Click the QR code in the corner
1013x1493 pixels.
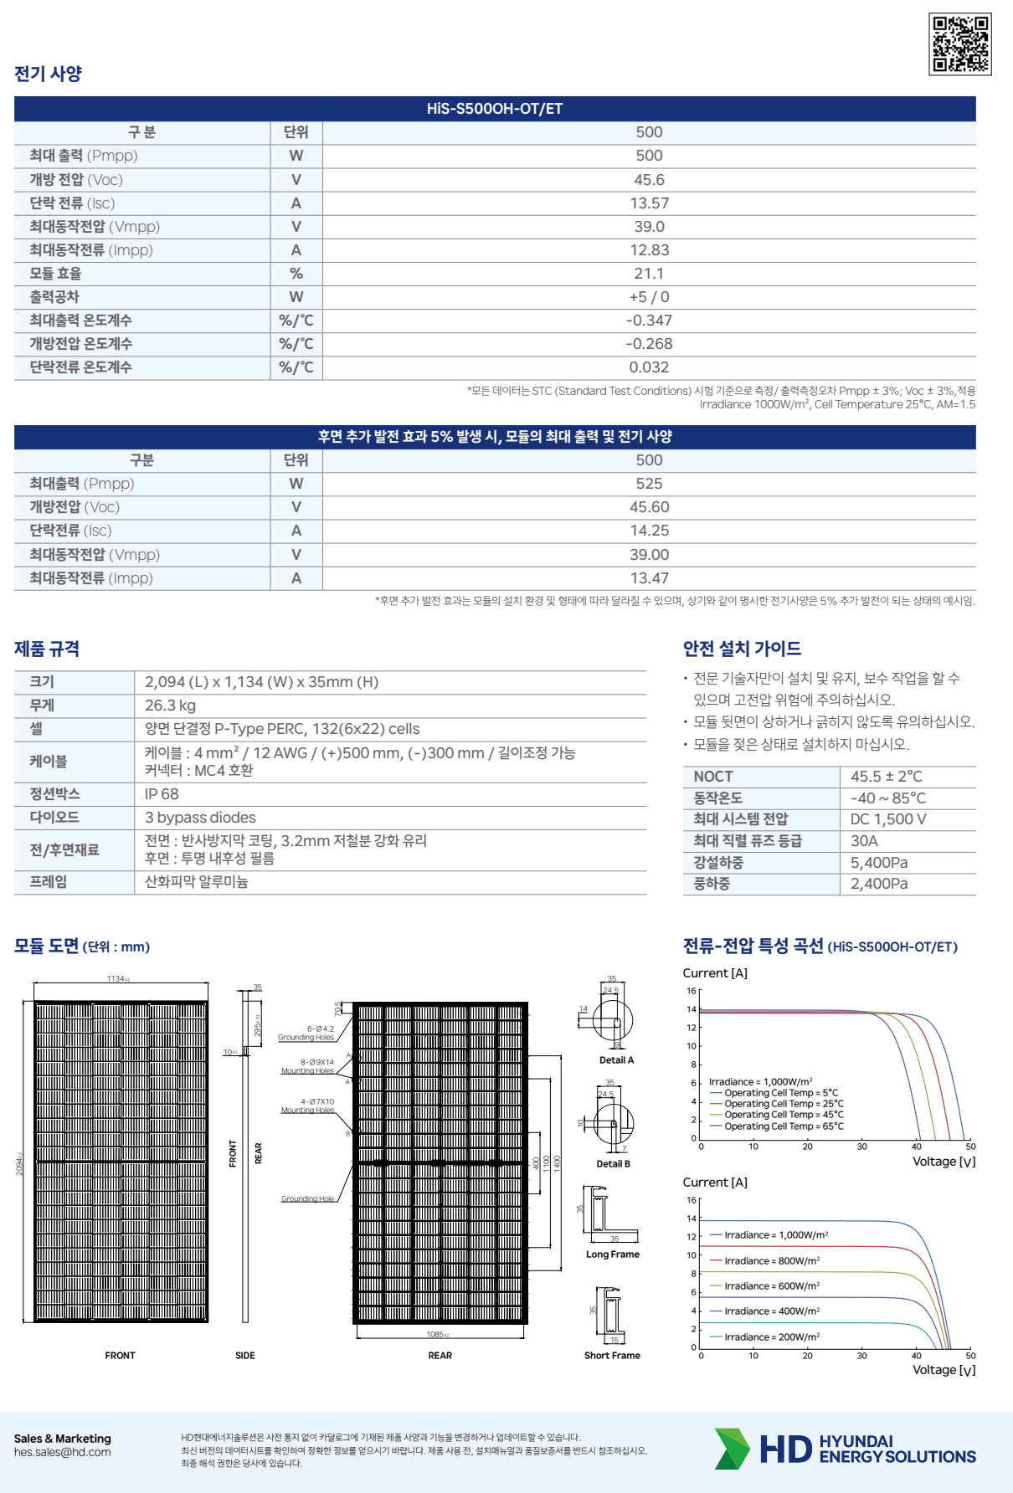pyautogui.click(x=960, y=44)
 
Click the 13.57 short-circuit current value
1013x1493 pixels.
pyautogui.click(x=649, y=203)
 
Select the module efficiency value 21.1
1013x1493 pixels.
pyautogui.click(x=649, y=274)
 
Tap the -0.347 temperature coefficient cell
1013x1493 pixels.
pyautogui.click(x=649, y=321)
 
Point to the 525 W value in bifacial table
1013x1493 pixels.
pyautogui.click(x=649, y=484)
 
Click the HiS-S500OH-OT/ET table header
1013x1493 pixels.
pyautogui.click(x=495, y=109)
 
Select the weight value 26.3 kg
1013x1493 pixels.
pyautogui.click(x=170, y=705)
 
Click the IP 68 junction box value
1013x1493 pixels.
pyautogui.click(x=162, y=794)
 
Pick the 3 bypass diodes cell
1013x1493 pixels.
pyautogui.click(x=200, y=818)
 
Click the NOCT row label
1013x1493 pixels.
pyautogui.click(x=713, y=777)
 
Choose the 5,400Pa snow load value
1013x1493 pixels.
pyautogui.click(x=879, y=863)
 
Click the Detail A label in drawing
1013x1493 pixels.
pyautogui.click(x=616, y=1060)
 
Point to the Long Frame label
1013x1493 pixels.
pyautogui.click(x=613, y=1254)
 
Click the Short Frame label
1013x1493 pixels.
pyautogui.click(x=612, y=1356)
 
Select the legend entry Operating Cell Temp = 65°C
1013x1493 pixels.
pyautogui.click(x=784, y=1126)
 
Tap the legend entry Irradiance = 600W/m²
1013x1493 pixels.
pyautogui.click(x=771, y=1286)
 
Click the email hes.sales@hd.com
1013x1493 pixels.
pyautogui.click(x=62, y=1452)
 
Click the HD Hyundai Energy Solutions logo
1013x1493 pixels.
pyautogui.click(x=846, y=1449)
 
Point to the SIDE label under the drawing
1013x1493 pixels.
pyautogui.click(x=244, y=1356)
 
